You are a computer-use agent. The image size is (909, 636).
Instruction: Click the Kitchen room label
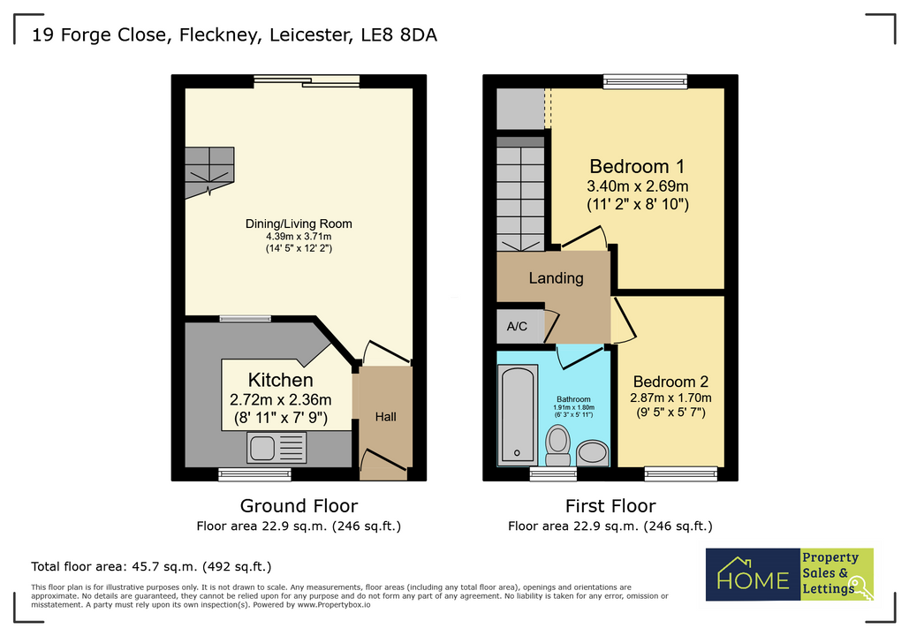pyautogui.click(x=280, y=380)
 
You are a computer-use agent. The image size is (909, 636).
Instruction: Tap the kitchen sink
pyautogui.click(x=277, y=448)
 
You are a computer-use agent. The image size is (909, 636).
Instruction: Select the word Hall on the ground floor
pyautogui.click(x=385, y=417)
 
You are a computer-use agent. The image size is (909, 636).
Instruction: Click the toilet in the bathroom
pyautogui.click(x=558, y=444)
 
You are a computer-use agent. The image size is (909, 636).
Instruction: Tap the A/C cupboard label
pyautogui.click(x=517, y=326)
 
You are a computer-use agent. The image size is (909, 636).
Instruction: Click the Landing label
pyautogui.click(x=556, y=278)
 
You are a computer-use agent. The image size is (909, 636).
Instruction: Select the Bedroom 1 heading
pyautogui.click(x=637, y=166)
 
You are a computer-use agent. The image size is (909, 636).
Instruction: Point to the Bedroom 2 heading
pyautogui.click(x=670, y=382)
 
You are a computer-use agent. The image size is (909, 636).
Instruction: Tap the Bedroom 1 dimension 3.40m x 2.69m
pyautogui.click(x=638, y=186)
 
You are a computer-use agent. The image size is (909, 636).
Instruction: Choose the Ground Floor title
pyautogui.click(x=299, y=506)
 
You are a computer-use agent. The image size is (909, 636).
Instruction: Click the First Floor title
pyautogui.click(x=610, y=506)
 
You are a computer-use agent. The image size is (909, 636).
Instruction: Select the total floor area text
pyautogui.click(x=151, y=566)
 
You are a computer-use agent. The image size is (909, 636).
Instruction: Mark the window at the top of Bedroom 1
pyautogui.click(x=645, y=81)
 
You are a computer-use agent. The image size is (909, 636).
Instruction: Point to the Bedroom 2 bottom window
pyautogui.click(x=680, y=474)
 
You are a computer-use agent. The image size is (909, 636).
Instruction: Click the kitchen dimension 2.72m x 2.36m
pyautogui.click(x=280, y=399)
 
